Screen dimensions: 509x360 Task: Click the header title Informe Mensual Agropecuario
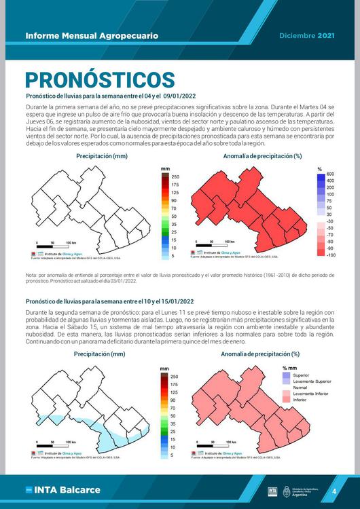tap(92, 35)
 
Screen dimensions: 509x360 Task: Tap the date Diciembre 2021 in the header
tap(307, 35)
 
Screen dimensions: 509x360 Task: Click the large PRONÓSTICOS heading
tap(100, 79)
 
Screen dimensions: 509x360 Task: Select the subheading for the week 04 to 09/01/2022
tap(109, 97)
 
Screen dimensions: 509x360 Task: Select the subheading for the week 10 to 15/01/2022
tap(109, 301)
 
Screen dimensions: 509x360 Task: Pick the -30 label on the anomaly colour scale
tap(331, 222)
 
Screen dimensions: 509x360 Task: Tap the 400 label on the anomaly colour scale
tap(331, 181)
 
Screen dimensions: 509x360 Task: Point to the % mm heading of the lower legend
tap(290, 368)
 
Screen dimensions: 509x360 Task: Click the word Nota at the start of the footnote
tap(31, 275)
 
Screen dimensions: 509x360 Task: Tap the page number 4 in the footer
tap(334, 491)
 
